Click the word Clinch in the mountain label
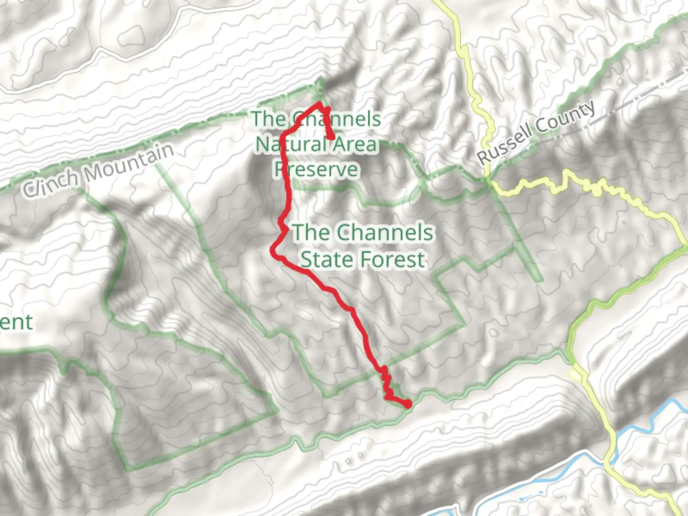(x=52, y=181)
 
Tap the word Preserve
(x=316, y=169)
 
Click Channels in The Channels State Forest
(x=385, y=233)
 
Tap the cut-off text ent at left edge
(x=16, y=322)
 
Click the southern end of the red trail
(x=408, y=405)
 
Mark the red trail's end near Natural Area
(x=331, y=137)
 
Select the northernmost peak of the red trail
(x=319, y=104)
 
